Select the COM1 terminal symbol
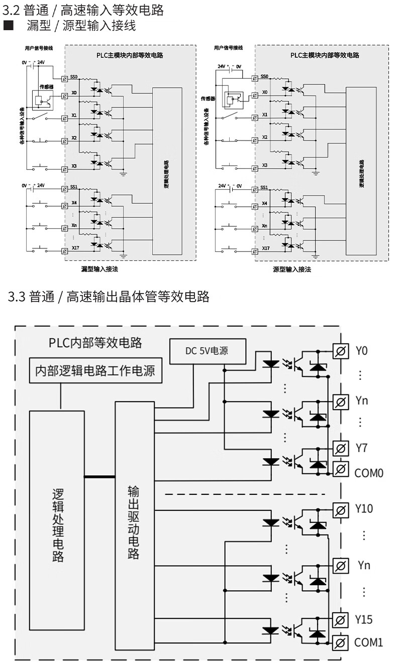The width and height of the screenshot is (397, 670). pyautogui.click(x=340, y=642)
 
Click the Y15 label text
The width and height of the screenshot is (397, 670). pyautogui.click(x=363, y=620)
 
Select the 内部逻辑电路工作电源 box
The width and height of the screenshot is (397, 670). pyautogui.click(x=94, y=371)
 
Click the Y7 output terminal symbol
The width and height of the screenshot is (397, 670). pyautogui.click(x=340, y=448)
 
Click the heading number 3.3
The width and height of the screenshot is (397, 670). pyautogui.click(x=16, y=297)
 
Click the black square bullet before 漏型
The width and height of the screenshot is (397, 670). pyautogui.click(x=8, y=25)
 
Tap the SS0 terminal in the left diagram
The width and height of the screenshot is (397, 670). pyautogui.click(x=65, y=79)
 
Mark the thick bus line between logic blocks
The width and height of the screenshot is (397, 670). pyautogui.click(x=100, y=476)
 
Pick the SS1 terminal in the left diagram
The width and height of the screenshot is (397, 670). pyautogui.click(x=65, y=189)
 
